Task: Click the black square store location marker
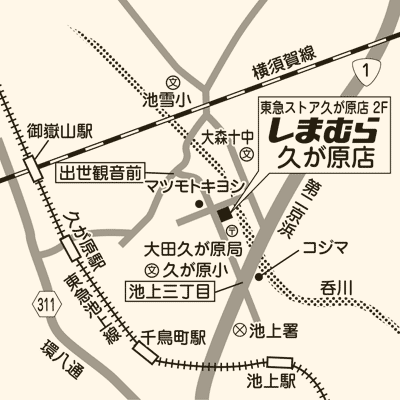click(224, 212)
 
